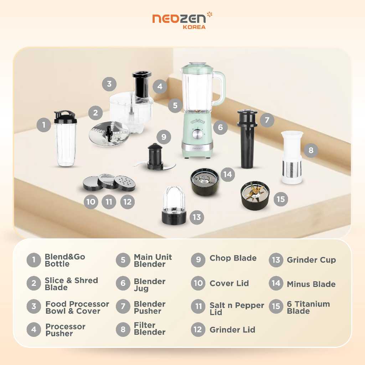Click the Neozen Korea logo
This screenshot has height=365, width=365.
[x=182, y=20]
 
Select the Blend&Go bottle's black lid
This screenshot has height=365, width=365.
[x=65, y=117]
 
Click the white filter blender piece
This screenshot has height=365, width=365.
[x=292, y=158]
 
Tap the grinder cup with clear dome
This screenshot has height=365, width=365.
[x=174, y=206]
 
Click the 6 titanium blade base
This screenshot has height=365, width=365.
[x=255, y=196]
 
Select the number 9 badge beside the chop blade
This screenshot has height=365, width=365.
[x=164, y=137]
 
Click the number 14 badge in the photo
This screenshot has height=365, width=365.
[x=227, y=174]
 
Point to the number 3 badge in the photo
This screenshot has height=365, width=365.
[x=109, y=84]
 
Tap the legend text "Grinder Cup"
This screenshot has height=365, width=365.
[x=311, y=260]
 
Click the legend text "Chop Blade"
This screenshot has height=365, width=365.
[x=233, y=258]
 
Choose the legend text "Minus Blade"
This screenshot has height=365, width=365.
[x=311, y=284]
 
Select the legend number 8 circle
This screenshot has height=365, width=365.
[x=123, y=329]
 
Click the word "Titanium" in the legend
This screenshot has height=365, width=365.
[x=312, y=304]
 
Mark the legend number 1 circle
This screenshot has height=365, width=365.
[x=34, y=260]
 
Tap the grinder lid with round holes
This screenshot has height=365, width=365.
[x=125, y=183]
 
